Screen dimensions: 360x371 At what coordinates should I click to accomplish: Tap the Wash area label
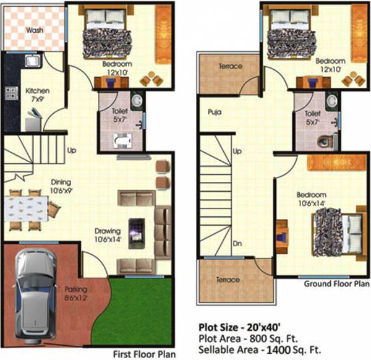(34, 30)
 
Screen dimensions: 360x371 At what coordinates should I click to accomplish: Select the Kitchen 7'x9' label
(38, 95)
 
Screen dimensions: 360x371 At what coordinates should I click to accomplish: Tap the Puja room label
(215, 113)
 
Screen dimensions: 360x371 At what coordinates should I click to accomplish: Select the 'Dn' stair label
(237, 244)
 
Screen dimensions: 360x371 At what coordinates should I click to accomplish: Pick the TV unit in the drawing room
(137, 233)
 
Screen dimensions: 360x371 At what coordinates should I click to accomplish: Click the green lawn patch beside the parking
(139, 309)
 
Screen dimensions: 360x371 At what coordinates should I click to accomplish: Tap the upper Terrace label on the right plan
(229, 67)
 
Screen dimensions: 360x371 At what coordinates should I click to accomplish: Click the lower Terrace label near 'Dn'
(228, 280)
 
